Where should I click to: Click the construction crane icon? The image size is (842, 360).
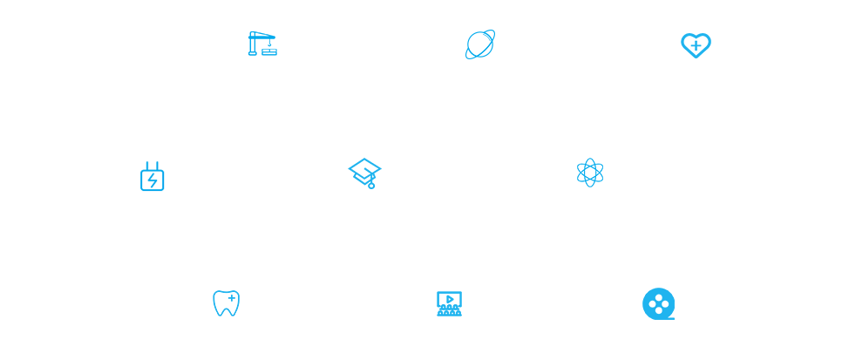click(262, 44)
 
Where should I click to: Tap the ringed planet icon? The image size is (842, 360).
click(480, 44)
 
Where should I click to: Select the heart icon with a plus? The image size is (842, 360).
click(696, 45)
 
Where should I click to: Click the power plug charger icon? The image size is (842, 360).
click(153, 176)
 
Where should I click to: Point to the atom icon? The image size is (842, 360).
click(590, 173)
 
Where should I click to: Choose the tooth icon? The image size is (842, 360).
click(226, 303)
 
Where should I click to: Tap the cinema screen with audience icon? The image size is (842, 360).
click(449, 303)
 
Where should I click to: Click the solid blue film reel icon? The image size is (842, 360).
click(658, 303)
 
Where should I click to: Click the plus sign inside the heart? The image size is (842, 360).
click(696, 44)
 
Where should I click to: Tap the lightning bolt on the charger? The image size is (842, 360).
click(153, 180)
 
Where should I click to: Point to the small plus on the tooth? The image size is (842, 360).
click(231, 298)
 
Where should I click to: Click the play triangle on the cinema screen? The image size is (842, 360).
click(450, 299)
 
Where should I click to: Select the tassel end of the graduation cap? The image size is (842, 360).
click(371, 185)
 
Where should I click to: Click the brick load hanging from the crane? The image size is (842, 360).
click(269, 51)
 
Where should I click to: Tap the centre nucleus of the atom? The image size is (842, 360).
click(590, 173)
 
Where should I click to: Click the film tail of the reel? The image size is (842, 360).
click(670, 317)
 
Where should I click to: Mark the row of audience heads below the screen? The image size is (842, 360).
click(449, 311)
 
